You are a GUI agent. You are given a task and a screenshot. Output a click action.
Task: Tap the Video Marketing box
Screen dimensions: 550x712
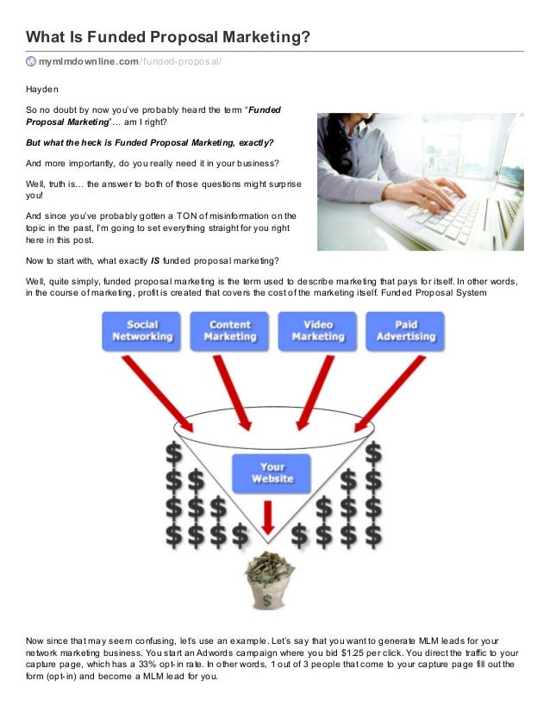(317, 330)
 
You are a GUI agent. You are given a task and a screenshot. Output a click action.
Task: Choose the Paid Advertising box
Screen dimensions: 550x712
(406, 330)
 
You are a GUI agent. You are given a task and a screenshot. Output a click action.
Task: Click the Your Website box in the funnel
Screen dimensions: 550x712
(272, 472)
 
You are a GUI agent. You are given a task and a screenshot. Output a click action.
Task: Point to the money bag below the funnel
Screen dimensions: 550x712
(271, 581)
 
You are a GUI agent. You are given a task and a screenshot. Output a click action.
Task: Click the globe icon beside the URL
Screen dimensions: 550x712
(31, 61)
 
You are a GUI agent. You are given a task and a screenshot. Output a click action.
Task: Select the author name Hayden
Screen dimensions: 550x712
(41, 88)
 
